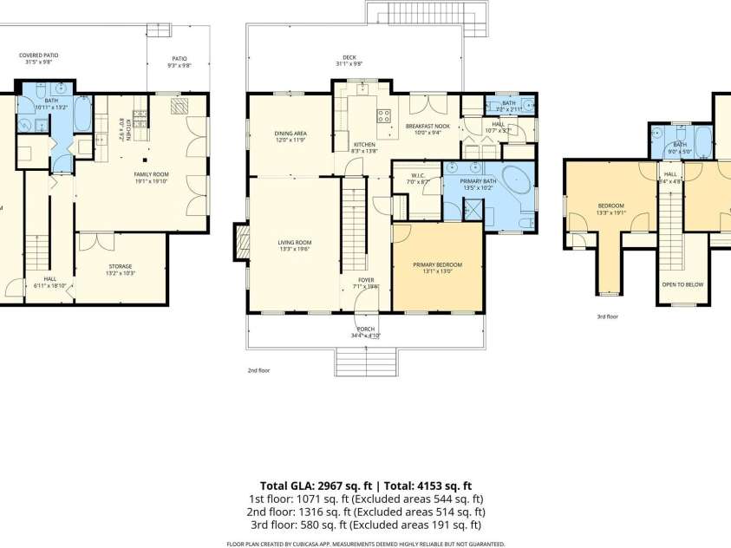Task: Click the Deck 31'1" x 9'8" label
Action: click(349, 61)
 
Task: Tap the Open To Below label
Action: click(682, 284)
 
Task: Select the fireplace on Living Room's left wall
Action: click(240, 241)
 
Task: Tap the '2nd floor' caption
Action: click(259, 370)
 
